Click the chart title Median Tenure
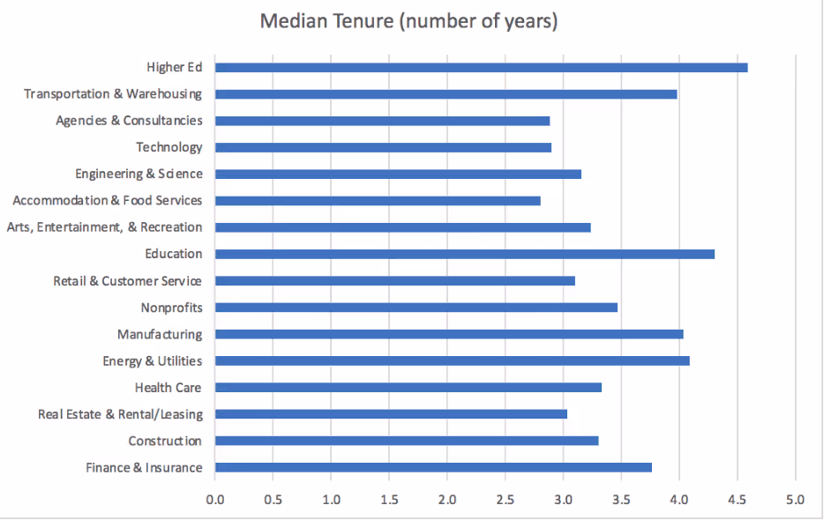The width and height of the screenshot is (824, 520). tap(408, 21)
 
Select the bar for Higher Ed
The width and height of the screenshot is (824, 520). tap(481, 67)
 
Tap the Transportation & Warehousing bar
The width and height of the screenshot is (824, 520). tap(446, 93)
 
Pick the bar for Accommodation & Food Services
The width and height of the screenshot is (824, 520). tap(378, 201)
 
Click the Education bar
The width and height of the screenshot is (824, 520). tap(464, 254)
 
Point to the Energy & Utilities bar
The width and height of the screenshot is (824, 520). tap(452, 360)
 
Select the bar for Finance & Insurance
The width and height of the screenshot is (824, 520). tap(433, 467)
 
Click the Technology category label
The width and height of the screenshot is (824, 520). tap(169, 147)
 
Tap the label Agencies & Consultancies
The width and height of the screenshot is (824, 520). tap(129, 121)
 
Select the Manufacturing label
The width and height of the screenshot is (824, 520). tap(160, 335)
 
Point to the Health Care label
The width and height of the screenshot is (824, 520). tap(168, 388)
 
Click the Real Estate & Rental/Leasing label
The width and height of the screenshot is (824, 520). tap(120, 414)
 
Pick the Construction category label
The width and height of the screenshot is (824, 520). tap(165, 441)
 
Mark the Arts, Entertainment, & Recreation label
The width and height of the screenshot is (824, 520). tap(104, 227)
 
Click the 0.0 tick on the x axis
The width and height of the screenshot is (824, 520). tap(215, 500)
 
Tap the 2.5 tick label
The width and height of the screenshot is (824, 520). tap(506, 500)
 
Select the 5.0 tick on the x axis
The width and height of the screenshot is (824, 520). tap(795, 500)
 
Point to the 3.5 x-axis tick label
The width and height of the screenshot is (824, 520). tap(621, 500)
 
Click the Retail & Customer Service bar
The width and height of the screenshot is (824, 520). tap(394, 281)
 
